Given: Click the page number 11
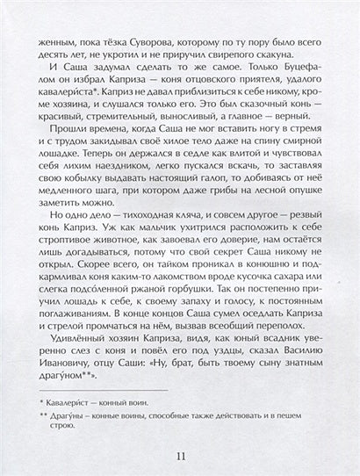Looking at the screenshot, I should pyautogui.click(x=179, y=454).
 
